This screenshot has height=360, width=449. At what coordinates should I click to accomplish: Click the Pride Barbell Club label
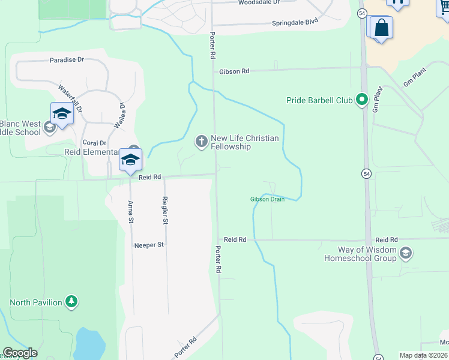319,100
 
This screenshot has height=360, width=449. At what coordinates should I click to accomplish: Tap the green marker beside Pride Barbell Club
362,100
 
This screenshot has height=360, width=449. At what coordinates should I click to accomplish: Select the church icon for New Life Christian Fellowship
201,141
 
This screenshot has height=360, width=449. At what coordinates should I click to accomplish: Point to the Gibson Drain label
267,199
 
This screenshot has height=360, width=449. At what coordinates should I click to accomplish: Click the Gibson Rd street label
234,71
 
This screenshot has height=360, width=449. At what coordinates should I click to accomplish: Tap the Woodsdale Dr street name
259,2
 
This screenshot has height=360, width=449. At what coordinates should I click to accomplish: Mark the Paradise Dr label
67,60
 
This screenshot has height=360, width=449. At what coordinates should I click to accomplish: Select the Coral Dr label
94,143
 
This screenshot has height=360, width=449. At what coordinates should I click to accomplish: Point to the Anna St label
131,212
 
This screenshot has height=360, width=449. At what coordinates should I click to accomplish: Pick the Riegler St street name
166,210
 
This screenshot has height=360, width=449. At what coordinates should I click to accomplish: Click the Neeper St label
149,245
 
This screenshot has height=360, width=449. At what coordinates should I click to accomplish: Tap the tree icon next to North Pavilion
71,301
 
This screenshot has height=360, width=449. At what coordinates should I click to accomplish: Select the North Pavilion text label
36,302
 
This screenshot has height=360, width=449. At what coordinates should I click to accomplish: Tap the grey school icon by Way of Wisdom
405,253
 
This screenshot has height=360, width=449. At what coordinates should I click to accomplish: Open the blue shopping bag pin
381,28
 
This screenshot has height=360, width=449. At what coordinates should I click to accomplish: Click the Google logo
20,353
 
